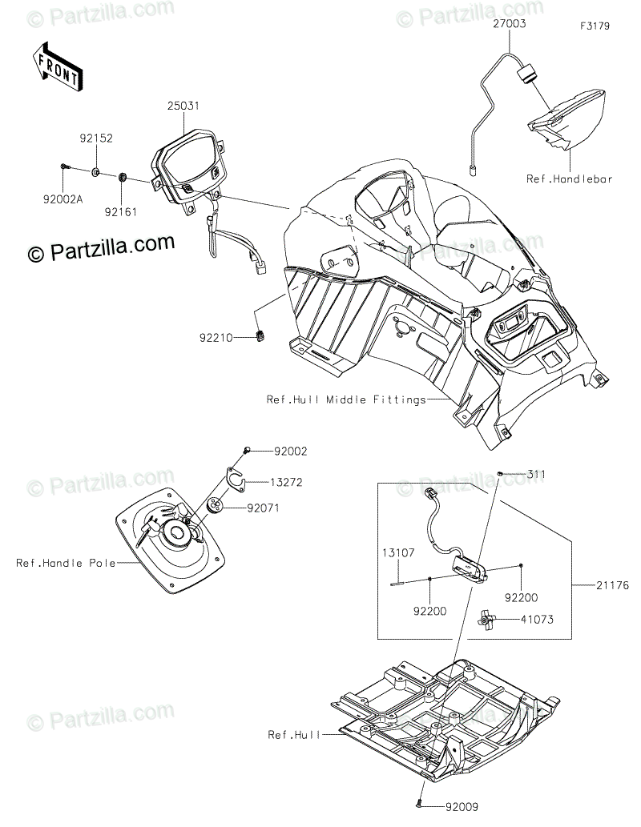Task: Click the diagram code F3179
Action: click(x=595, y=26)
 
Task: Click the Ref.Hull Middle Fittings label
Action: click(x=346, y=399)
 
